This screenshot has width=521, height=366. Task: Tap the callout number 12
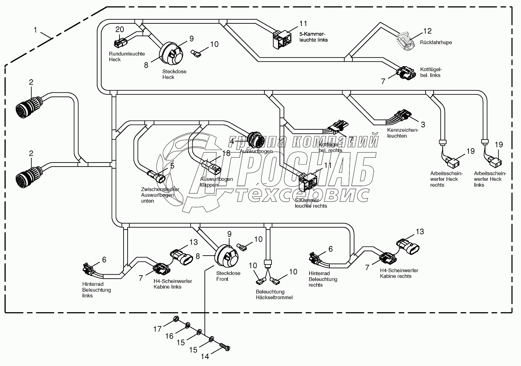click(x=428, y=31)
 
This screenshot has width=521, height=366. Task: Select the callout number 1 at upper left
click(x=35, y=30)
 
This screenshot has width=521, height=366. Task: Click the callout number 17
click(x=157, y=328)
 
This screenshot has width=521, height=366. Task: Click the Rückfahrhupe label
click(x=436, y=43)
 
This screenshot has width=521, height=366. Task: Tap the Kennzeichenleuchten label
click(x=403, y=133)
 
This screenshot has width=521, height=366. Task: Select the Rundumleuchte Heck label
click(x=127, y=57)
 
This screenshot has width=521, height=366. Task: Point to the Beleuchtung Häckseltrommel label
click(x=274, y=295)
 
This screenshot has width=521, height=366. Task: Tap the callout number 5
click(x=172, y=166)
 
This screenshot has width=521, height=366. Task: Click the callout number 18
click(x=226, y=153)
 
